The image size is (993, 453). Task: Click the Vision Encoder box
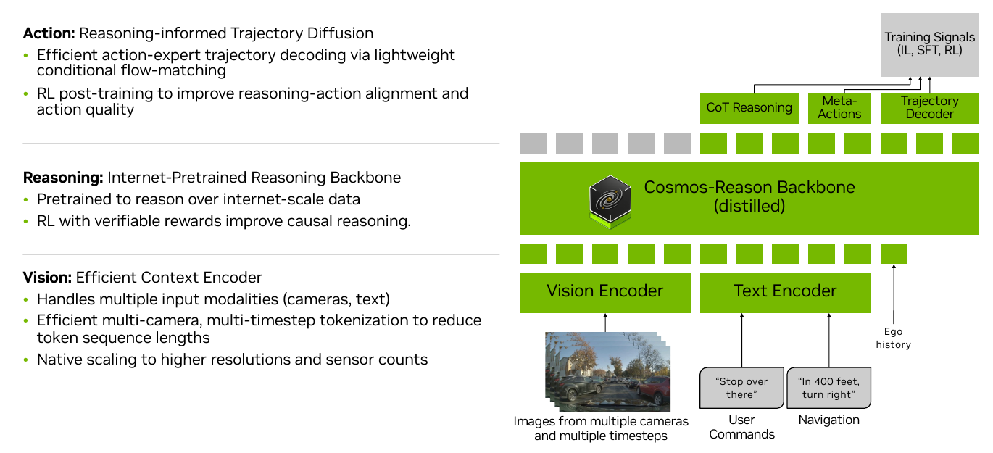click(x=604, y=293)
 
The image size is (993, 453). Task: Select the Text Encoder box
click(x=785, y=293)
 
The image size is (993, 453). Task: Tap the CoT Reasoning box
click(x=749, y=108)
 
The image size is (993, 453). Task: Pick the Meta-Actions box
click(x=839, y=108)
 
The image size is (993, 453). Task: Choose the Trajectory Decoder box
click(x=930, y=108)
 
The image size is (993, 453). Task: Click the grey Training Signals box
click(x=930, y=45)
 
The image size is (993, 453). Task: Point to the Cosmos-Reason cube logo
click(x=610, y=201)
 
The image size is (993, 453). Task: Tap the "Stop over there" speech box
click(x=741, y=388)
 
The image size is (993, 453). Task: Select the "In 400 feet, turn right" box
click(x=828, y=388)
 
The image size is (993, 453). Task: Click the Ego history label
click(x=893, y=338)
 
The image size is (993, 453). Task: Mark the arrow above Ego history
click(x=894, y=294)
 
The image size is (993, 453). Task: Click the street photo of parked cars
click(x=608, y=372)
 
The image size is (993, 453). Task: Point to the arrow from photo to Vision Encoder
click(x=605, y=323)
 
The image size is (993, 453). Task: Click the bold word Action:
click(x=49, y=33)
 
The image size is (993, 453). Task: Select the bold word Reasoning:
click(x=63, y=178)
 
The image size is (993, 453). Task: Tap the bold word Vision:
click(x=47, y=278)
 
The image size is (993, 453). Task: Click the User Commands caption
click(x=741, y=427)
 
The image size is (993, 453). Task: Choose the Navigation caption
click(x=829, y=420)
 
